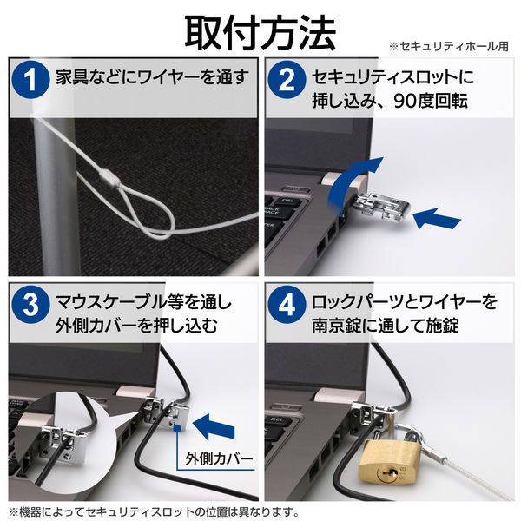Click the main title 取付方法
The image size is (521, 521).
click(x=260, y=32)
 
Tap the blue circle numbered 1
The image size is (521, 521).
click(x=31, y=81)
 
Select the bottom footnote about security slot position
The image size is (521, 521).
click(x=155, y=511)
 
